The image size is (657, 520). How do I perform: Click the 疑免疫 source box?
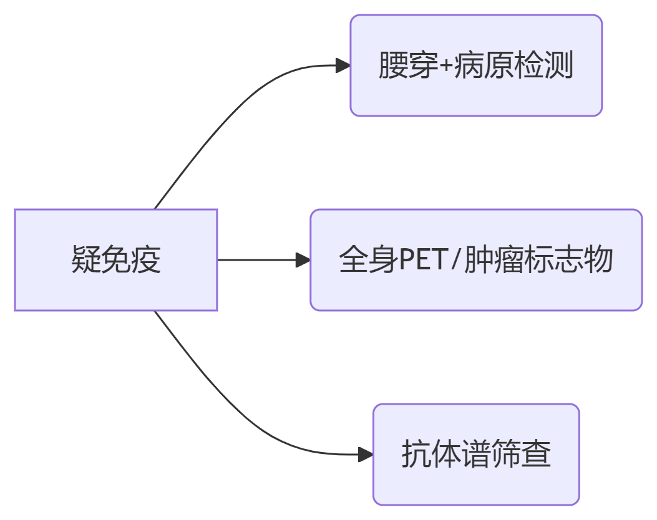click(x=115, y=259)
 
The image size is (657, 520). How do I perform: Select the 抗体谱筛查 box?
click(x=476, y=454)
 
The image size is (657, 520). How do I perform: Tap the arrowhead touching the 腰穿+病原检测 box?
click(x=343, y=65)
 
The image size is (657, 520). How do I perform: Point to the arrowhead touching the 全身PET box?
click(x=303, y=260)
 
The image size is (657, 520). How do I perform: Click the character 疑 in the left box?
click(x=86, y=260)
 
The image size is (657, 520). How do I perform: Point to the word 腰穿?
click(x=408, y=65)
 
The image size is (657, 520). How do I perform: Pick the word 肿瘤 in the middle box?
click(x=493, y=260)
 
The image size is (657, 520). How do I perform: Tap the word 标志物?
click(x=568, y=260)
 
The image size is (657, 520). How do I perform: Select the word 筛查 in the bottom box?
click(x=522, y=454)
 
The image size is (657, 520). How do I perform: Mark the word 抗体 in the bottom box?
click(x=431, y=454)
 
